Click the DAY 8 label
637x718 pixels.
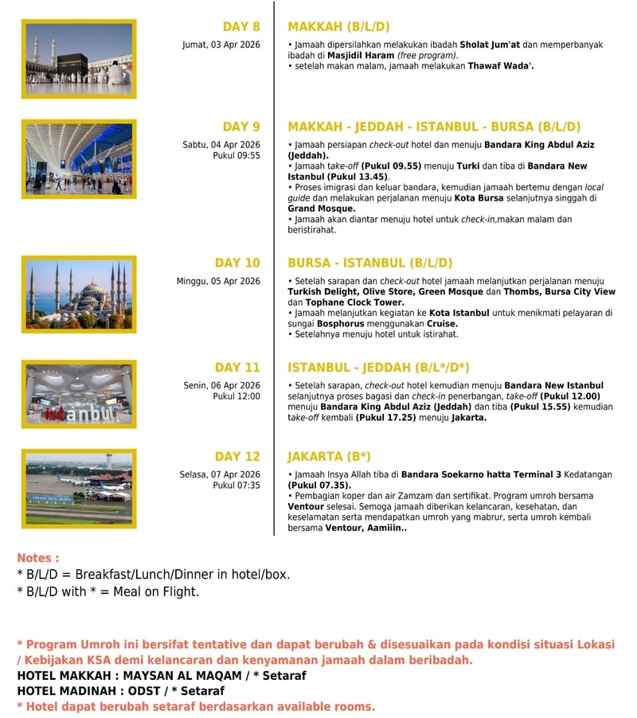click(x=241, y=26)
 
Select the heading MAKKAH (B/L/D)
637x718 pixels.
click(x=338, y=26)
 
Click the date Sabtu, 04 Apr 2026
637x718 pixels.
click(x=221, y=144)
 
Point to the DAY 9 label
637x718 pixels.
click(x=241, y=127)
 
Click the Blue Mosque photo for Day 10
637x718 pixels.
click(x=79, y=294)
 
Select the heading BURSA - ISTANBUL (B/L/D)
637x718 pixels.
click(x=369, y=263)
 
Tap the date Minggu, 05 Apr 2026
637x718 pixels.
click(x=218, y=281)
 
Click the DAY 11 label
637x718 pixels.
click(x=237, y=367)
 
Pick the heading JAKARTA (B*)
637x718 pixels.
click(x=329, y=457)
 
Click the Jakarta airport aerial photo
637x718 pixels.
click(x=79, y=488)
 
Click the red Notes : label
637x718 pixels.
click(x=38, y=558)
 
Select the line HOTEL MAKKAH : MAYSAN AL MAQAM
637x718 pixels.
click(x=162, y=676)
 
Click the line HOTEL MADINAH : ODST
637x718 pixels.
click(x=120, y=691)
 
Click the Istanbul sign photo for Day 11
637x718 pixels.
click(x=79, y=394)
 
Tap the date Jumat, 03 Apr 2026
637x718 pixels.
click(x=221, y=45)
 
